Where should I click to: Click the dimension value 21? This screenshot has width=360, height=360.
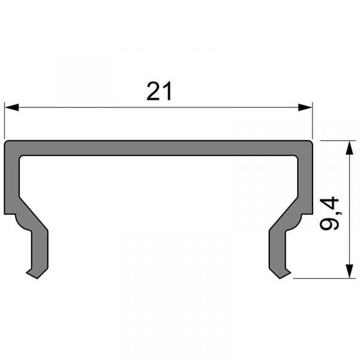[x=159, y=92]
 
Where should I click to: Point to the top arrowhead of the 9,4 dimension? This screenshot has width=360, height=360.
[x=349, y=147]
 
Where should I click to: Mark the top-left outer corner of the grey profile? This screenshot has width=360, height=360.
[x=7, y=143]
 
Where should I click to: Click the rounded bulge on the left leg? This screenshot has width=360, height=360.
[x=25, y=224]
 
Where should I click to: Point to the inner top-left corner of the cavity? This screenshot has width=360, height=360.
[x=21, y=157]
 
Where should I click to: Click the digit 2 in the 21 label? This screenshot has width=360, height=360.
[x=152, y=92]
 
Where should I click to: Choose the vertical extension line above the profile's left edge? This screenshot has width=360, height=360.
[x=5, y=120]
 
